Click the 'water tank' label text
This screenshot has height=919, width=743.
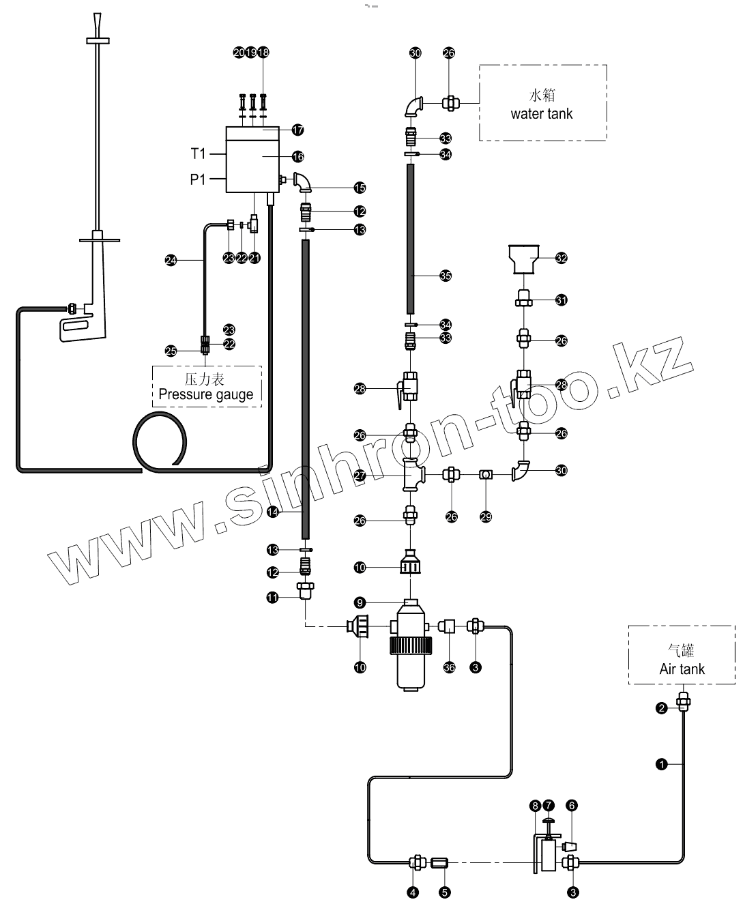tap(542, 114)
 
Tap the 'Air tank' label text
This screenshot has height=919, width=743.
tap(682, 669)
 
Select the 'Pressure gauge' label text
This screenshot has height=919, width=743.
tap(205, 394)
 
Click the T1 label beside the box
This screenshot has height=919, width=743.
tap(198, 154)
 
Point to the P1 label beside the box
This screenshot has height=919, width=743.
tap(198, 180)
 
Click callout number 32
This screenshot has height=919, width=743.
tap(562, 258)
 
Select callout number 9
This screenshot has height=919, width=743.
tap(360, 602)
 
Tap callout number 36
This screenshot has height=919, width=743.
tap(449, 667)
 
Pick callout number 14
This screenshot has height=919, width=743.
tap(273, 511)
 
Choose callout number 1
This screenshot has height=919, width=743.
tap(661, 764)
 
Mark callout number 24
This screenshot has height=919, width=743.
tap(171, 260)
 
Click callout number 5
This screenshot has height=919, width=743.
tap(445, 892)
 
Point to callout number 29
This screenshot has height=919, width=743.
tap(486, 517)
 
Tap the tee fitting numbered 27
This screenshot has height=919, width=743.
tap(412, 474)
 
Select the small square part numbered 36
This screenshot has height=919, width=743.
tap(448, 625)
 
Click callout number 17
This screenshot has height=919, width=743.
tap(298, 130)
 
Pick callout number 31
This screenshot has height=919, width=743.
tap(562, 300)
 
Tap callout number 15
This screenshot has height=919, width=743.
tap(360, 188)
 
